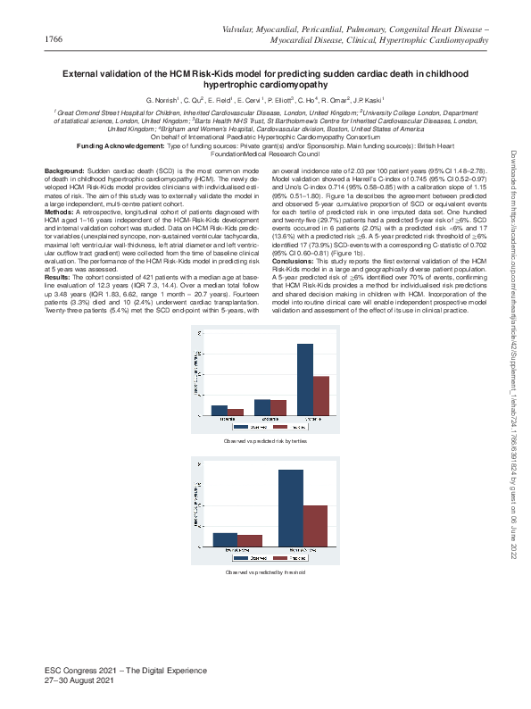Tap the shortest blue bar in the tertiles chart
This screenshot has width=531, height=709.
pyautogui.click(x=220, y=411)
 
